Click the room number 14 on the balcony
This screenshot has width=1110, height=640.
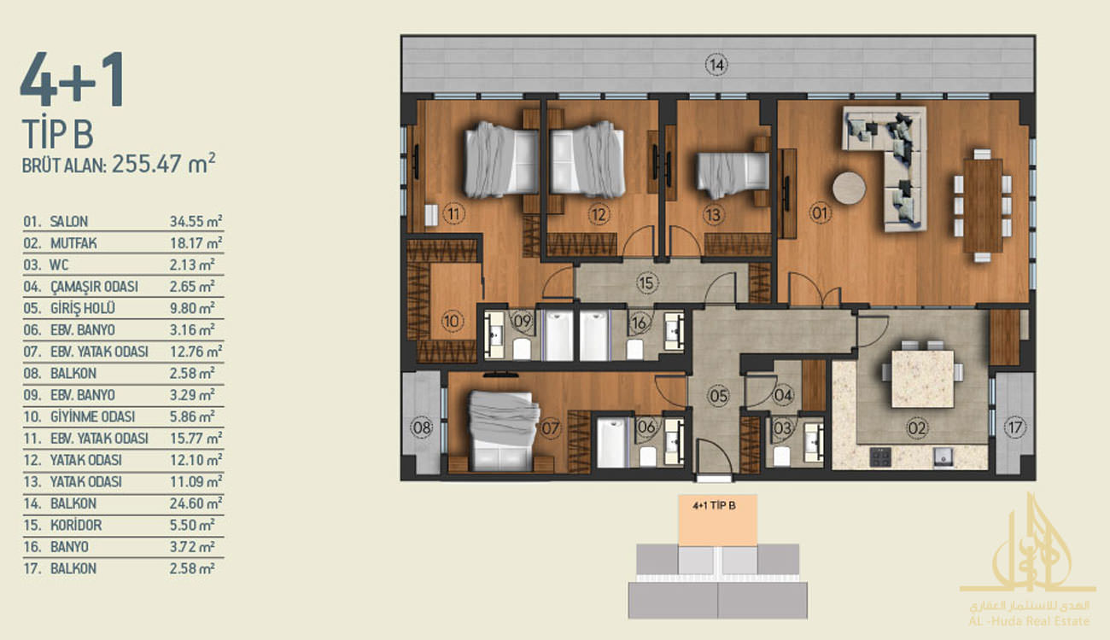(x=716, y=65)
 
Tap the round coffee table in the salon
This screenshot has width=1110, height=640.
(x=849, y=188)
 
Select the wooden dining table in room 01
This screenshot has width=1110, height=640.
(x=983, y=206)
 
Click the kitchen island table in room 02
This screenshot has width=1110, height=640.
(x=922, y=378)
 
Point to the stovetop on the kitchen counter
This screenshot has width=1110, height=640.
(x=880, y=457)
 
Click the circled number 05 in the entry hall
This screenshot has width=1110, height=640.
(x=718, y=396)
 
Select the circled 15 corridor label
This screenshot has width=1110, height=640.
(x=646, y=282)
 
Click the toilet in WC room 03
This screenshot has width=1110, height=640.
(x=781, y=457)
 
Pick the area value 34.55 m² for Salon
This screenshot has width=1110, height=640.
(x=196, y=221)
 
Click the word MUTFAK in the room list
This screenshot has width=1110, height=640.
(x=73, y=243)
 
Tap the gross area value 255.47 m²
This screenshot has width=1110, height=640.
(x=164, y=164)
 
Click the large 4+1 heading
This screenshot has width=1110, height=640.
(x=72, y=79)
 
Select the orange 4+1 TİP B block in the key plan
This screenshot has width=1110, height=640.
(x=717, y=521)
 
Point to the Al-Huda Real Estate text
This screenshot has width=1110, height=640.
(x=1029, y=620)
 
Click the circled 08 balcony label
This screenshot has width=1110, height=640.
(x=422, y=427)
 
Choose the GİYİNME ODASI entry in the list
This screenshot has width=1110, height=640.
(x=92, y=416)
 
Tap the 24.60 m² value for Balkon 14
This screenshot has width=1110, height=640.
(x=196, y=503)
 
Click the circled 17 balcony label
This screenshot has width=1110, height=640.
(x=1015, y=427)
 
